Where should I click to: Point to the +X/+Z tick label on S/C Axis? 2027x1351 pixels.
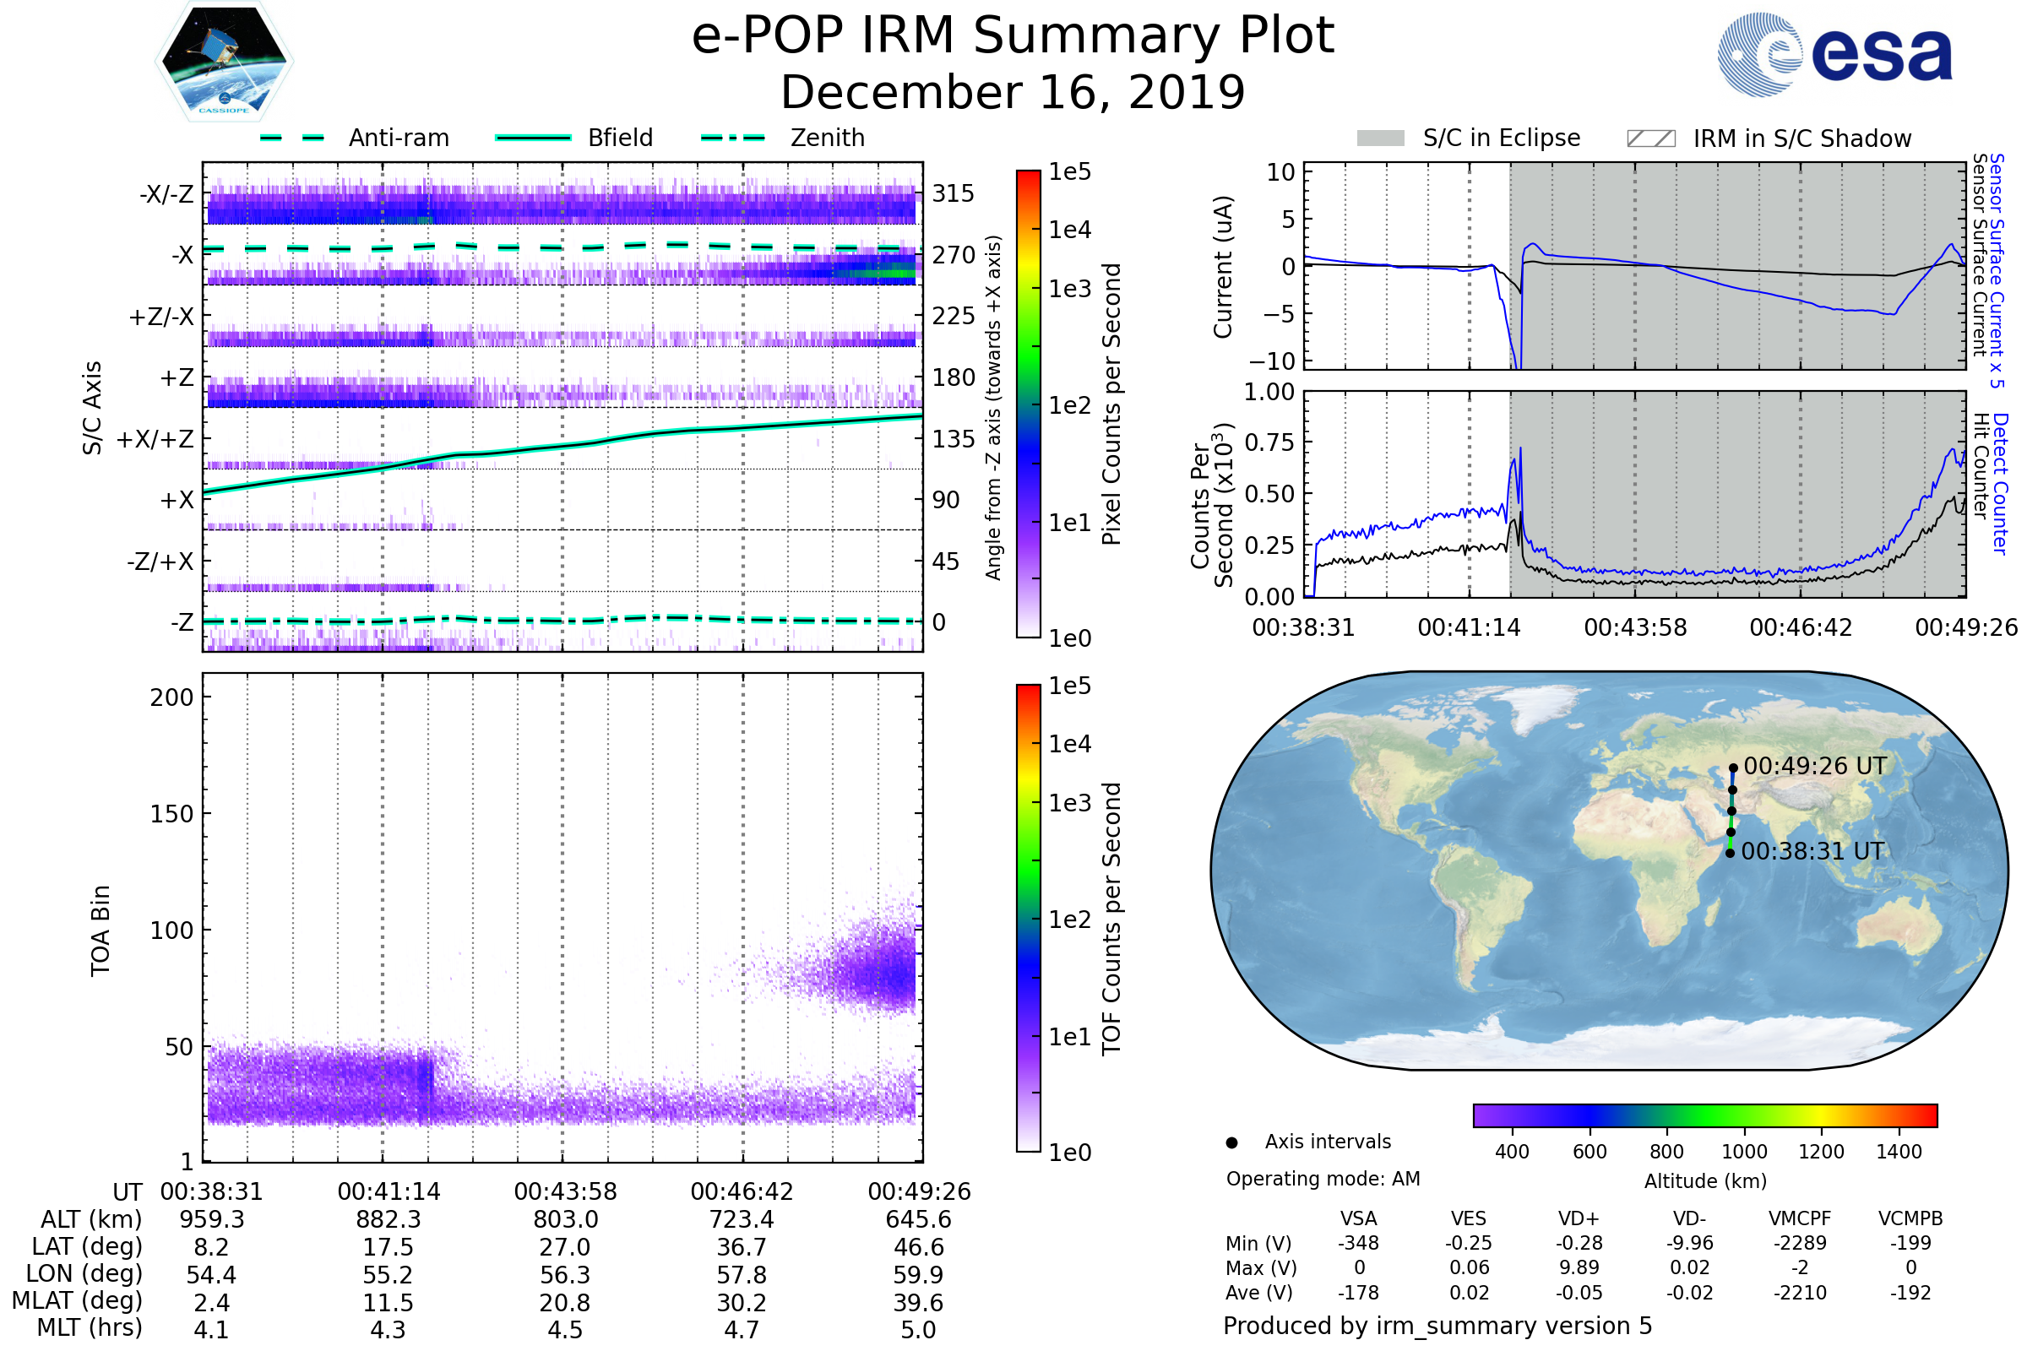click(x=155, y=439)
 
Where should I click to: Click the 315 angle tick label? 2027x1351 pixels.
click(x=954, y=193)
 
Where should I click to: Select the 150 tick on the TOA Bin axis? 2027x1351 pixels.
click(x=171, y=813)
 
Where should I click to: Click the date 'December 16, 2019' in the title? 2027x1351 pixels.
click(x=1013, y=92)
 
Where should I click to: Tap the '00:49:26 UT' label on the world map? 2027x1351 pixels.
click(x=1815, y=766)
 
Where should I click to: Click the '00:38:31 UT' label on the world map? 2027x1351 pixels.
click(x=1812, y=851)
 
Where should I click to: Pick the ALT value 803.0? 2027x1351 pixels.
click(x=565, y=1219)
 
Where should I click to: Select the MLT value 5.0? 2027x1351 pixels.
click(x=918, y=1329)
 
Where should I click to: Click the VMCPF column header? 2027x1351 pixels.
click(x=1800, y=1218)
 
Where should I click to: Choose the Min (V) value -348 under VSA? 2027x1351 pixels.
click(x=1358, y=1243)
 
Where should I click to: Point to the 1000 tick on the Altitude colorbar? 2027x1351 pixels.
click(x=1743, y=1152)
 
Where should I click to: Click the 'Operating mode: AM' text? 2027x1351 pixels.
click(x=1323, y=1179)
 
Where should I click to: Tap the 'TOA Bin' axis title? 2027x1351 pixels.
click(x=101, y=931)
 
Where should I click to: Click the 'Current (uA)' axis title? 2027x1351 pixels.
click(x=1223, y=267)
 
